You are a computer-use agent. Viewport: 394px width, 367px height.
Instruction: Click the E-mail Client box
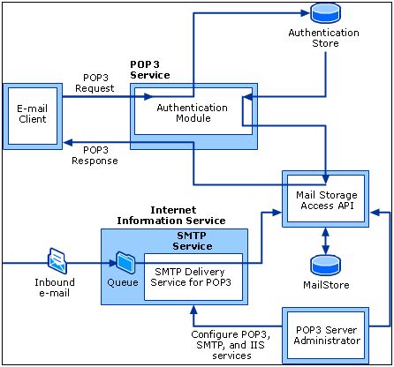pyautogui.click(x=33, y=116)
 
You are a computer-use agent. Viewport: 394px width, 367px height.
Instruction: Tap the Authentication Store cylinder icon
pyautogui.click(x=325, y=12)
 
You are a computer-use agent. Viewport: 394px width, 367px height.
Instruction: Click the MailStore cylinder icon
pyautogui.click(x=326, y=266)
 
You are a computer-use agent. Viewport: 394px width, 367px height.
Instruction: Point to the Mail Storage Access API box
pyautogui.click(x=326, y=198)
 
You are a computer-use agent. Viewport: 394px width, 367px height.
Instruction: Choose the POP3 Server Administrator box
pyautogui.click(x=326, y=335)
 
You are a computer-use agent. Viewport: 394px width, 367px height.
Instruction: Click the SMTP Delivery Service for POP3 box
pyautogui.click(x=193, y=277)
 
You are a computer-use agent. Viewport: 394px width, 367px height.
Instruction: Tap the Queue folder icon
pyautogui.click(x=125, y=263)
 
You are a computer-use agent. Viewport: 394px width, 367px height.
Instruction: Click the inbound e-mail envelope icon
pyautogui.click(x=57, y=260)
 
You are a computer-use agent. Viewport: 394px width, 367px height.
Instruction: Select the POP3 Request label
pyautogui.click(x=95, y=83)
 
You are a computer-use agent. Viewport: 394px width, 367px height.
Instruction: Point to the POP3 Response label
pyautogui.click(x=95, y=155)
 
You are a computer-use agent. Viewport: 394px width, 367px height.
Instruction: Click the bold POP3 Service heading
pyautogui.click(x=150, y=70)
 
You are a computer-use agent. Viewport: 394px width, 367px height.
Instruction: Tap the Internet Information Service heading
pyautogui.click(x=171, y=215)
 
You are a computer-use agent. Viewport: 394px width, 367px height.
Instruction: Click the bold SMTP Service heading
pyautogui.click(x=193, y=241)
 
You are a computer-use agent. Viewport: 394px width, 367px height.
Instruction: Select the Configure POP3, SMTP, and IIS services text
pyautogui.click(x=231, y=345)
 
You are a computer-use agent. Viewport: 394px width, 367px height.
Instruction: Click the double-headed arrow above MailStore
pyautogui.click(x=325, y=241)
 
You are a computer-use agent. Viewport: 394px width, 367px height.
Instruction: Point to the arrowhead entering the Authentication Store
pyautogui.click(x=306, y=13)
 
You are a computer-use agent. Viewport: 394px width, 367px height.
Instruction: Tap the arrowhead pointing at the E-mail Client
pyautogui.click(x=68, y=143)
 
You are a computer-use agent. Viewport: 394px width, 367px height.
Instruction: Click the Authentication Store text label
pyautogui.click(x=324, y=38)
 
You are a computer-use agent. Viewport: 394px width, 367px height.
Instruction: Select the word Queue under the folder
pyautogui.click(x=123, y=282)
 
